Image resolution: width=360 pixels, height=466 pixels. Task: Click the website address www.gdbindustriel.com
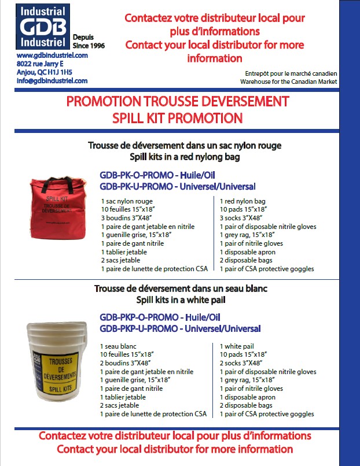pos(52,55)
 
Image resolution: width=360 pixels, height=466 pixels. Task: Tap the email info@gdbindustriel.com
pos(52,81)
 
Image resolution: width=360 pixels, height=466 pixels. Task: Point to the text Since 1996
pos(89,46)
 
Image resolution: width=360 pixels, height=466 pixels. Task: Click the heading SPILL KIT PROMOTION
pos(177,118)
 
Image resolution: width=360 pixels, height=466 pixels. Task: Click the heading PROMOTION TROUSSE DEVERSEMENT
pos(177,102)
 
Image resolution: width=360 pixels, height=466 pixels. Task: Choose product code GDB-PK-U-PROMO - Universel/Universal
pos(177,186)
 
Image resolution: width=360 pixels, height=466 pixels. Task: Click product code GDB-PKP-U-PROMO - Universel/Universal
pos(179,328)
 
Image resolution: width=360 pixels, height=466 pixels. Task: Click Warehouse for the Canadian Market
pos(291,82)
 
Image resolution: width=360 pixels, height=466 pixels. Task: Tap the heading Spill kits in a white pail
pos(177,300)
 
